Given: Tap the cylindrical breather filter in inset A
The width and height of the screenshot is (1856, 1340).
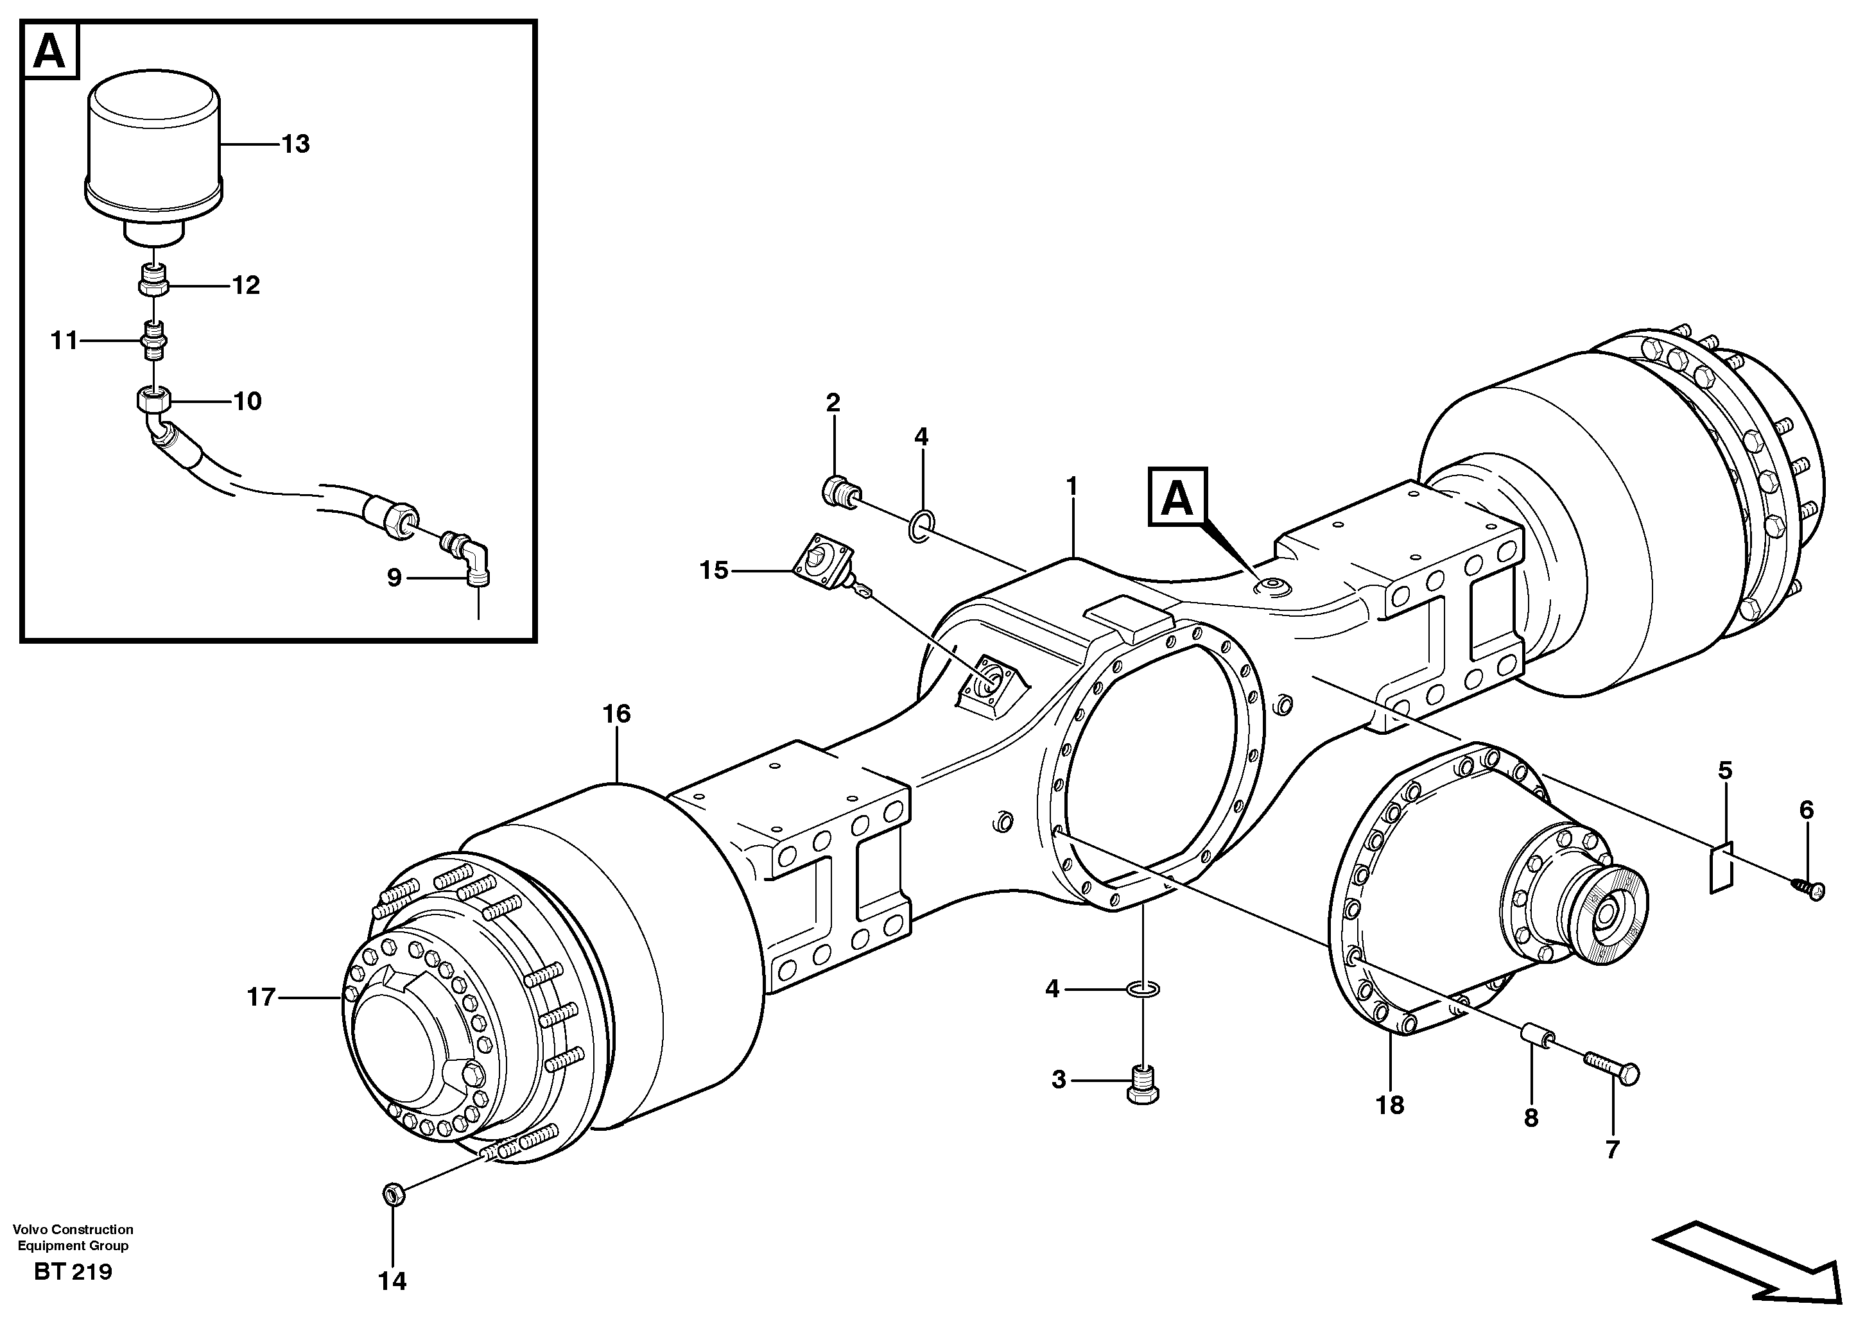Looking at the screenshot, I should tap(154, 155).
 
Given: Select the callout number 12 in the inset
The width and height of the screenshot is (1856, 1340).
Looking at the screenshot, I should tap(245, 285).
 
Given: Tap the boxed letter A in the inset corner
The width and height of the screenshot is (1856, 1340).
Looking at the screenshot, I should tap(51, 53).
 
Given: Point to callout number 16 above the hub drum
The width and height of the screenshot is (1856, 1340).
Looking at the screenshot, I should tap(616, 714).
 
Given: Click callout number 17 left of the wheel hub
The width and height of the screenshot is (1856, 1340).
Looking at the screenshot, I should tap(262, 997).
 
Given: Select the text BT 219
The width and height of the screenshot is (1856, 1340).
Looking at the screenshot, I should tap(73, 1272).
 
